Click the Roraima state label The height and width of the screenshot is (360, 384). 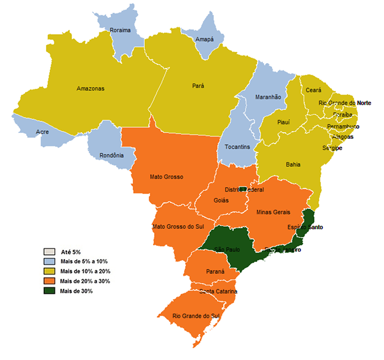coord(120,30)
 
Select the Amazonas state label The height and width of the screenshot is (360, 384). coord(91,88)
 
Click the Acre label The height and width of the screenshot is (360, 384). coord(42,132)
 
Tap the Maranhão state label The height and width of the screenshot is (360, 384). coord(268,97)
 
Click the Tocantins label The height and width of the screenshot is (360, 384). coord(238,147)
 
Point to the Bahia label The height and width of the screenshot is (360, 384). coord(293,164)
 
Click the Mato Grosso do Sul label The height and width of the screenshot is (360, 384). coord(174,227)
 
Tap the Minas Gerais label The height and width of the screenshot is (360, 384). coord(273,212)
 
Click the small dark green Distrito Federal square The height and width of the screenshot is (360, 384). coord(243,189)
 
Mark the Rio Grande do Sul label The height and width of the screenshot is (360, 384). coord(196,316)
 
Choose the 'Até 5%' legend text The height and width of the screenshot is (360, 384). coord(71,251)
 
